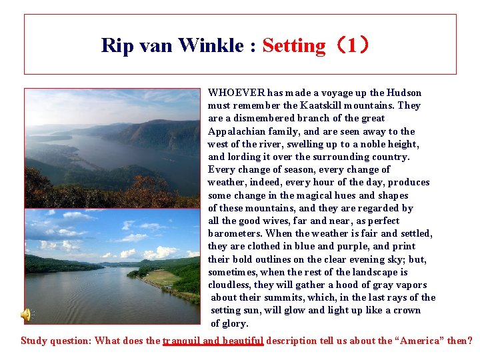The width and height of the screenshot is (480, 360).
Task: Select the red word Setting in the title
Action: point(293,45)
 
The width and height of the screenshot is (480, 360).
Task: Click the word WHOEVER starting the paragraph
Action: point(237,93)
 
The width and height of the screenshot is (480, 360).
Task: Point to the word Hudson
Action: point(405,93)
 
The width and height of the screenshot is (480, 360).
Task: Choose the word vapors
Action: point(411,285)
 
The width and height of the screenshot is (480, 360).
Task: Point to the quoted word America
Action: point(421,341)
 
